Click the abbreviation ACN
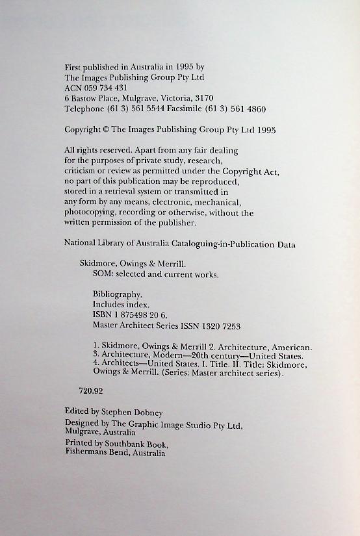[74, 88]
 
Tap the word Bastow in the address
[86, 98]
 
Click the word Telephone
[84, 109]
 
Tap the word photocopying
[90, 212]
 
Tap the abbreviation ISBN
[103, 315]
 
